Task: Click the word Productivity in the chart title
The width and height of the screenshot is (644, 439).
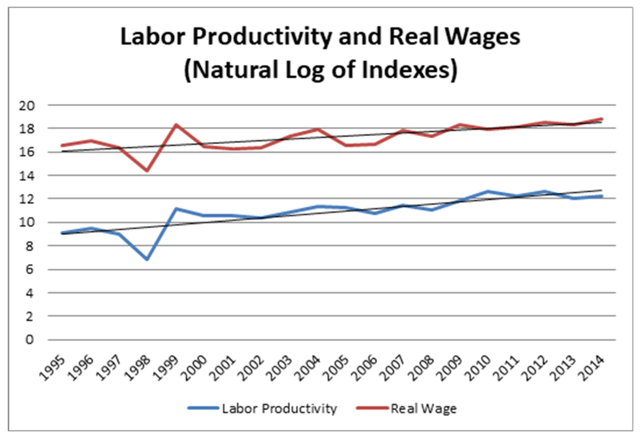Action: [x=262, y=37]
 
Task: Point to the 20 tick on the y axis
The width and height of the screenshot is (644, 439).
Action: [x=27, y=106]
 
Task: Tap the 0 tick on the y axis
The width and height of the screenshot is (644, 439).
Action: [x=29, y=340]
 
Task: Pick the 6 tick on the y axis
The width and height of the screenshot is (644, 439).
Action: [x=29, y=269]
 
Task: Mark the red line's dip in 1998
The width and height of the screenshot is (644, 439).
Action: [x=147, y=170]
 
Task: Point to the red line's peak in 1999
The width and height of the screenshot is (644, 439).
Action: [x=176, y=125]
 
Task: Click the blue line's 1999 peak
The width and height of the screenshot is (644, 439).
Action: [x=176, y=209]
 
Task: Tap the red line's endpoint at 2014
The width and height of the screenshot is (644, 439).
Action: [x=602, y=119]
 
